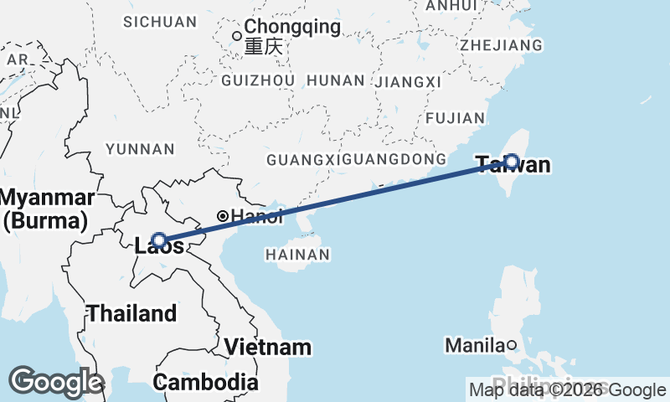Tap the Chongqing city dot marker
237,35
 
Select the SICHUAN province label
159,22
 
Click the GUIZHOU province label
258,80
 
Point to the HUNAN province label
336,80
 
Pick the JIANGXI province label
408,82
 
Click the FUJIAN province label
456,119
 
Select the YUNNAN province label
140,149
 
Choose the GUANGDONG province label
394,159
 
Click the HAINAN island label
296,254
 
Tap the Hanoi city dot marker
223,216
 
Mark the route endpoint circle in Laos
158,240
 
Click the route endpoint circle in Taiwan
511,161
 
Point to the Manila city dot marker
512,345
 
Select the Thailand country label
132,314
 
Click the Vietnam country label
267,347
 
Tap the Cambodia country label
205,382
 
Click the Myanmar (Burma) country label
47,209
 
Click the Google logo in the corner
55,382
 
